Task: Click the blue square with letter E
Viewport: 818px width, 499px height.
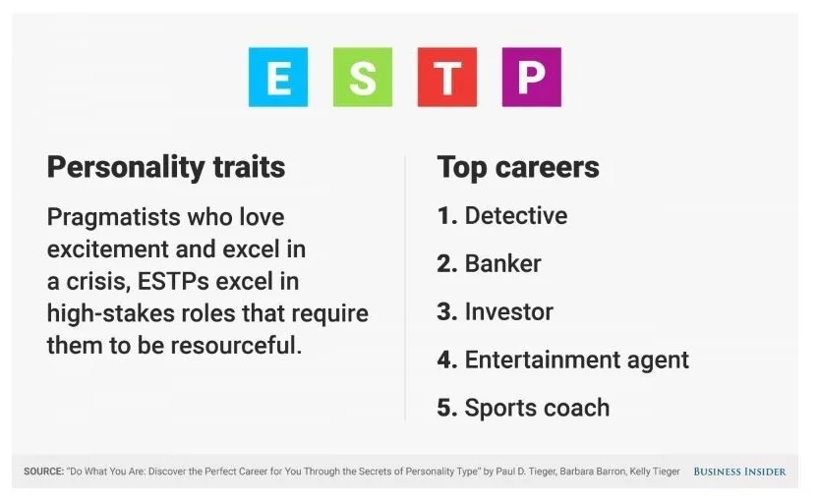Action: click(278, 78)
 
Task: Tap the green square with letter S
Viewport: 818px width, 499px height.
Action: click(363, 78)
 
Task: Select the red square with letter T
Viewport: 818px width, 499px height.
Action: click(447, 78)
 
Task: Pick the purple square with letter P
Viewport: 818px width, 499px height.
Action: click(532, 78)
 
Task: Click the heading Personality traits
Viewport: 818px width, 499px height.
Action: click(166, 168)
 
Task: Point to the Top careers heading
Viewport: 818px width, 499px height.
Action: click(518, 168)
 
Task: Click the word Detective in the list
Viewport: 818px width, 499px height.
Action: click(516, 215)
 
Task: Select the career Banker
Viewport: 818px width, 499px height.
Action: click(503, 263)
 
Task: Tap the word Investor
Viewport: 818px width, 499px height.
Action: click(508, 311)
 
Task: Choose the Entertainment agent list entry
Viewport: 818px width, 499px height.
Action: click(576, 360)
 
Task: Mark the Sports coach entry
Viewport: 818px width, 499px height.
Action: click(537, 408)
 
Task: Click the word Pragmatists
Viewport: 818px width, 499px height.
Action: click(113, 217)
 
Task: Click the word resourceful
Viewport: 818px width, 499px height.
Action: click(236, 345)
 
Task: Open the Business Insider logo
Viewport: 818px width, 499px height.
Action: click(739, 471)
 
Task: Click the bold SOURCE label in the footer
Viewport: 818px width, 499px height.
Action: click(44, 471)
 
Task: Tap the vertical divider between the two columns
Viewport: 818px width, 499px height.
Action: click(405, 288)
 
